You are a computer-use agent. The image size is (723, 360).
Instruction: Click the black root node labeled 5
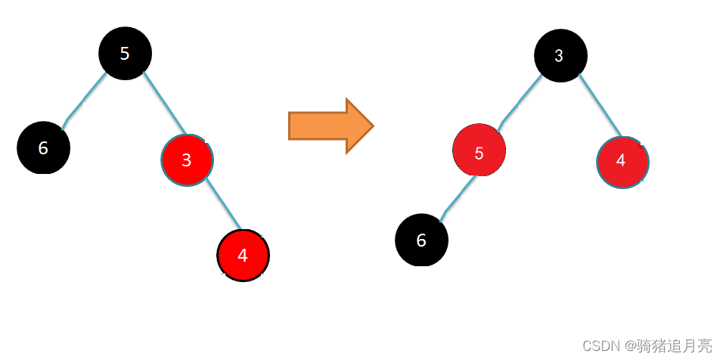[126, 52]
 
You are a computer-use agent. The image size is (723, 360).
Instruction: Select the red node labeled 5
[479, 153]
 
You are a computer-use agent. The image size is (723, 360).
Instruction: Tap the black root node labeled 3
[560, 55]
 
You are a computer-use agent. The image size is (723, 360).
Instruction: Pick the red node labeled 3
[187, 160]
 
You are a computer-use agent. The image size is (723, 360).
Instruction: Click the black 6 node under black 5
[43, 147]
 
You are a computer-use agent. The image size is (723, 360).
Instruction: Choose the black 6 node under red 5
[421, 241]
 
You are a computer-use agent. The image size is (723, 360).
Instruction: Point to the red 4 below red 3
[242, 255]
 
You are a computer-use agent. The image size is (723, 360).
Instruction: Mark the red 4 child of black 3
[622, 161]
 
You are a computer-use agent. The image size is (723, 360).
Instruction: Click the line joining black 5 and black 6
[85, 98]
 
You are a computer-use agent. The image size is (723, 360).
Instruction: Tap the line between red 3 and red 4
[223, 204]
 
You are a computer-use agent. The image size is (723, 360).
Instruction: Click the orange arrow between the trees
[329, 126]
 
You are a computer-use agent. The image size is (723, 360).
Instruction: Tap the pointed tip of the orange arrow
[370, 126]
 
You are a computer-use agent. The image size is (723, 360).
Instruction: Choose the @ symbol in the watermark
[627, 346]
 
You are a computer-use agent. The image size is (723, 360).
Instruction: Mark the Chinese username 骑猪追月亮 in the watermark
[673, 346]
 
